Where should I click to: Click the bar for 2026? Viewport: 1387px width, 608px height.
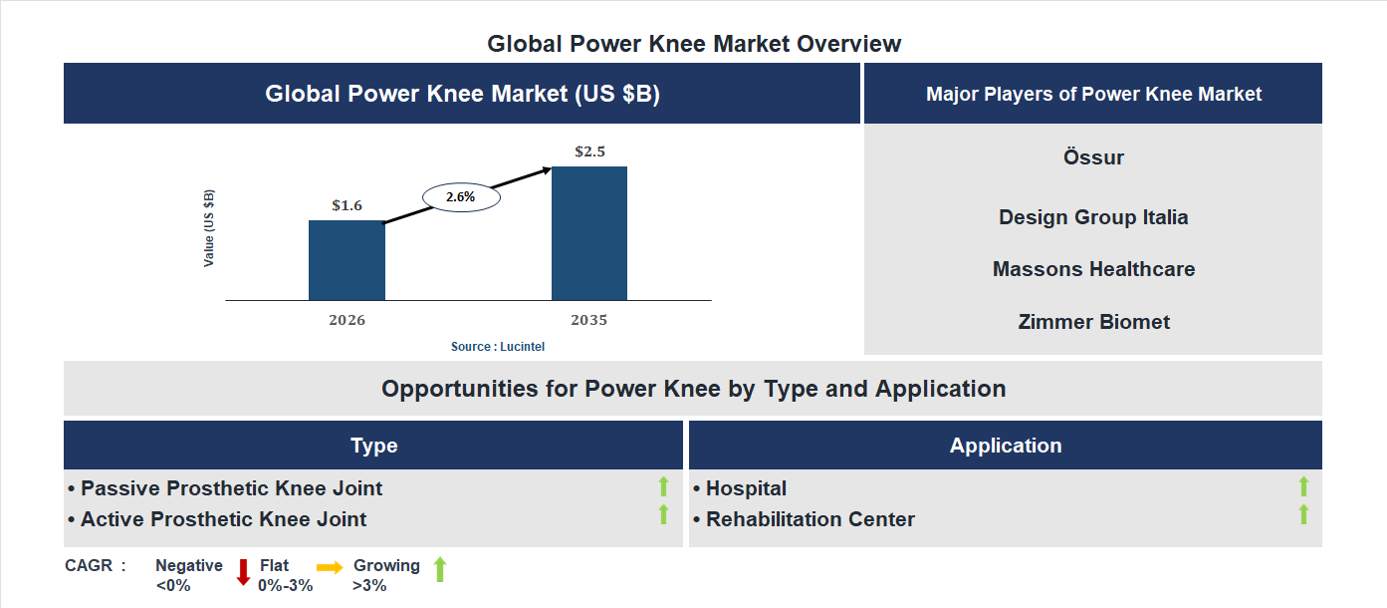347,260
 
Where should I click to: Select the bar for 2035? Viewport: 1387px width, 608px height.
589,233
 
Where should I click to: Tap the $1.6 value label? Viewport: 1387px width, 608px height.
347,206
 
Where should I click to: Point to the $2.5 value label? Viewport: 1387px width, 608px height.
589,152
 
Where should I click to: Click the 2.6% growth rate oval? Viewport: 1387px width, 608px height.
461,197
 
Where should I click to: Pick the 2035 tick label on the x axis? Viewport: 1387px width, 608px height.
589,321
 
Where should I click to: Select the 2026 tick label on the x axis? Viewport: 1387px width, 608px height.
347,321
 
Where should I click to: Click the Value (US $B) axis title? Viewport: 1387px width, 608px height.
209,227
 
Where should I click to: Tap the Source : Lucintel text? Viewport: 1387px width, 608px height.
498,347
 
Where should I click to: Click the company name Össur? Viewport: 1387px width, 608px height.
1093,157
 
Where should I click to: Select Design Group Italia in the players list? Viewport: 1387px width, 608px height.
1093,217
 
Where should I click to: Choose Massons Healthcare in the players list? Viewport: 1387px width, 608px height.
1093,269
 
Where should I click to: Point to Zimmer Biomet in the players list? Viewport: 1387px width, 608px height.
1093,322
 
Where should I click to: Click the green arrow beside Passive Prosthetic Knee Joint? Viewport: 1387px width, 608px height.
663,487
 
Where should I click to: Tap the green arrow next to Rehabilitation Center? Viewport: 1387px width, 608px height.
1303,515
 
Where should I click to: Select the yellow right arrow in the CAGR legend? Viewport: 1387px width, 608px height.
330,566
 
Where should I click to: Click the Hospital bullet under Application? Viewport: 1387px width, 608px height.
746,488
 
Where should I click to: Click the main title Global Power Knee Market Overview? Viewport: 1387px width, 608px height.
694,44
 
